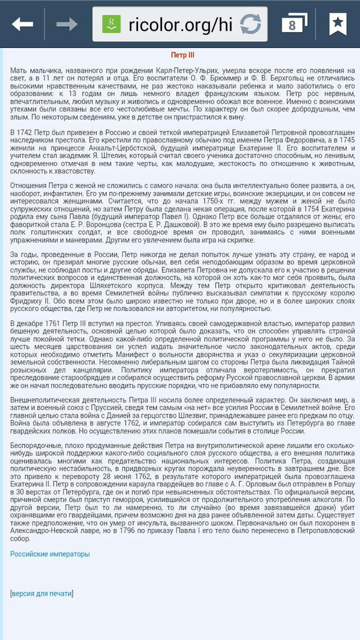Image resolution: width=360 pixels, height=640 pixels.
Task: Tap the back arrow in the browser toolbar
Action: [x=22, y=24]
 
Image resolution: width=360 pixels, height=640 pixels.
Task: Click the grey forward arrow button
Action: [x=67, y=24]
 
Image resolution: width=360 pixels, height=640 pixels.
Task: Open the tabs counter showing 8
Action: [x=293, y=24]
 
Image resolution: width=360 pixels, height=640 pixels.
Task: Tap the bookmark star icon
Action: [x=337, y=24]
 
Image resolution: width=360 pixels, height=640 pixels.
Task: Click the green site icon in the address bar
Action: [x=111, y=24]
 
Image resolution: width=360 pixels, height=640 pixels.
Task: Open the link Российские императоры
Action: [x=50, y=554]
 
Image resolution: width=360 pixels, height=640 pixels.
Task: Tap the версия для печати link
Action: [x=42, y=593]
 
